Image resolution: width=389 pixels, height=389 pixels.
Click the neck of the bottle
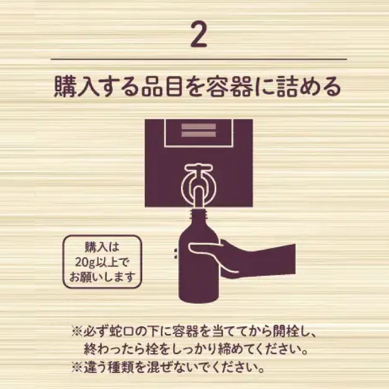coord(200,218)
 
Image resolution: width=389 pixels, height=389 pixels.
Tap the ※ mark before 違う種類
coord(77,369)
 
